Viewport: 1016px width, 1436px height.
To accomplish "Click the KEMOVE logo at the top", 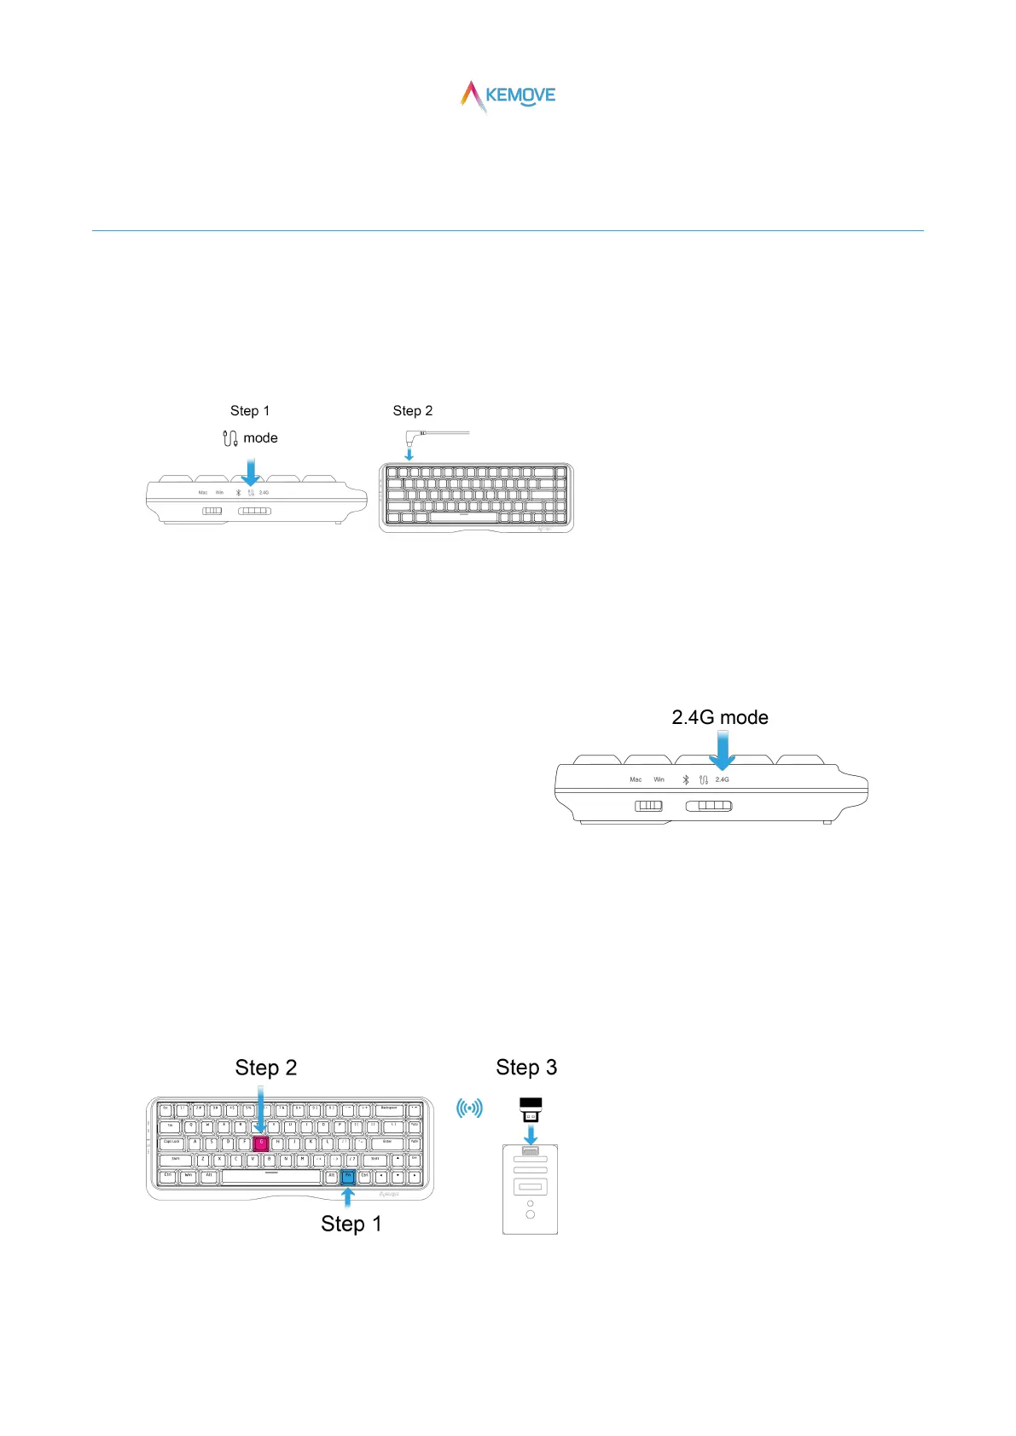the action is click(508, 96).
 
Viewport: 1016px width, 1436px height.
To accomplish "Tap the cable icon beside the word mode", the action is click(229, 438).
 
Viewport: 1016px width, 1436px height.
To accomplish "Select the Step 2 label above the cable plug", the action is click(413, 411).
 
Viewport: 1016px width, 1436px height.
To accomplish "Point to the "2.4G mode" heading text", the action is click(720, 718).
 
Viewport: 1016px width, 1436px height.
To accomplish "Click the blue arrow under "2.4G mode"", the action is click(723, 753).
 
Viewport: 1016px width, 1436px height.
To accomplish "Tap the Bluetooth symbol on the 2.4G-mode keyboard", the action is click(686, 780).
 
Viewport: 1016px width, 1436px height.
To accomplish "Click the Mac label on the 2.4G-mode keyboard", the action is click(636, 780).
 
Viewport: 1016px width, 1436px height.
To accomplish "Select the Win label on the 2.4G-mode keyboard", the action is click(659, 780).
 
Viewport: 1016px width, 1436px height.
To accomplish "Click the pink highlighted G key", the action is click(261, 1144).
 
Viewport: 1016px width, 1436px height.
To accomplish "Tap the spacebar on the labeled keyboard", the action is click(271, 1177).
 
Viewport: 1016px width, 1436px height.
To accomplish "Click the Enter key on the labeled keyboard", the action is click(387, 1144).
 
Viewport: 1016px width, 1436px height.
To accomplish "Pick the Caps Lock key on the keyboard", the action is click(172, 1144).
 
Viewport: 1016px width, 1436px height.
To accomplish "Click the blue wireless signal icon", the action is click(469, 1109).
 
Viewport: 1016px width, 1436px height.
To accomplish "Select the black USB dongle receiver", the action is click(531, 1109).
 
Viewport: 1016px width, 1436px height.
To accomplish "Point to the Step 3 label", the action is click(526, 1068).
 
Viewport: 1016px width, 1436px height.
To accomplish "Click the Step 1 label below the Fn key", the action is click(351, 1224).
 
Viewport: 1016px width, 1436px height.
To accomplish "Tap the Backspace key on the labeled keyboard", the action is click(389, 1110).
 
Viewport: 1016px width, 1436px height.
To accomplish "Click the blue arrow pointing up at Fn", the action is click(348, 1196).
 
